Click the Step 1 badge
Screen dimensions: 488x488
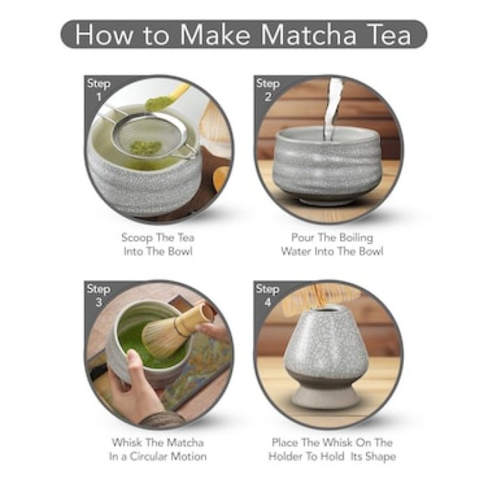(x=98, y=89)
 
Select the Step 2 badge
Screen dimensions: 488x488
(x=268, y=89)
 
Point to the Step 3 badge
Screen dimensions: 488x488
(x=98, y=295)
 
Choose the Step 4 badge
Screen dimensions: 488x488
(x=268, y=295)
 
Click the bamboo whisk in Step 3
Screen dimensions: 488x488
(x=171, y=331)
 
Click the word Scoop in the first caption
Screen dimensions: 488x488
(x=137, y=237)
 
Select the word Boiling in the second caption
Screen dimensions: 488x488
(x=361, y=237)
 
